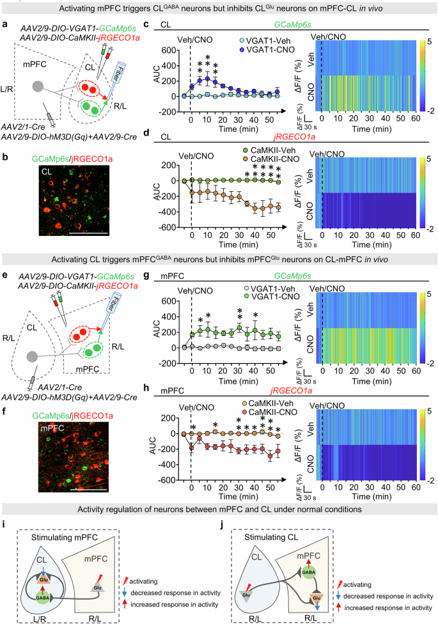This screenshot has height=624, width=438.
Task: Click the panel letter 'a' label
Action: point(5,25)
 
